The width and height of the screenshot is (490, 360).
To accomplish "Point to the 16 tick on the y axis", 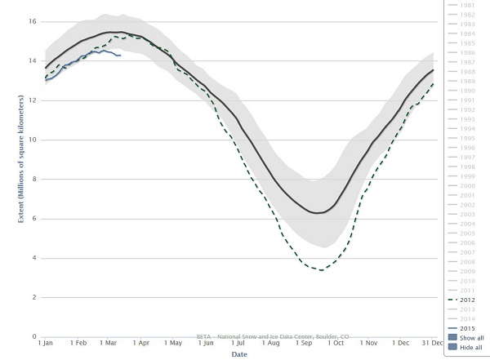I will (33, 21).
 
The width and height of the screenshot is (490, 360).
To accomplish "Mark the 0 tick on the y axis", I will (35, 336).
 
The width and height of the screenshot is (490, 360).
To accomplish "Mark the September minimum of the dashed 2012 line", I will (321, 269).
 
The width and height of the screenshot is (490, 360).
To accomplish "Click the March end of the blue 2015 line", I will (121, 56).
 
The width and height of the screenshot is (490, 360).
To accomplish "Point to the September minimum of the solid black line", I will (318, 213).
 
